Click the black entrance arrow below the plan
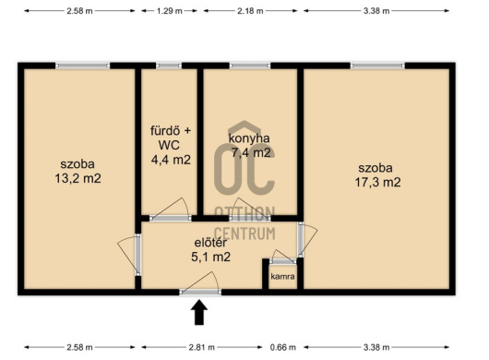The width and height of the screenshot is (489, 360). click(x=199, y=313)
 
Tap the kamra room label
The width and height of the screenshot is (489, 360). click(x=282, y=276)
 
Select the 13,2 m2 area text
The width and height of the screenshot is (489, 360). click(x=78, y=178)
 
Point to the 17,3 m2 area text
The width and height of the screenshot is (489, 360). click(x=377, y=182)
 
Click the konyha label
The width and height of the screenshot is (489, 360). click(x=249, y=138)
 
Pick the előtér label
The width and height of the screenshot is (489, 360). click(x=210, y=243)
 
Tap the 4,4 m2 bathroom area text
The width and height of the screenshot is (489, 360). click(x=171, y=160)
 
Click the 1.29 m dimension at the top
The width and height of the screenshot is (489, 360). click(x=170, y=11)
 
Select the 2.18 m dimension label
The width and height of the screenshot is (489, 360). click(x=250, y=11)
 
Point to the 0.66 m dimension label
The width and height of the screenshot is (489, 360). click(x=283, y=347)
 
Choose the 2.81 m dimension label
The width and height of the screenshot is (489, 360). click(x=202, y=347)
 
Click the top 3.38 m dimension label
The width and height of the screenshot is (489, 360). click(x=376, y=11)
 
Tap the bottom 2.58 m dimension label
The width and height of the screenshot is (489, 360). click(x=79, y=347)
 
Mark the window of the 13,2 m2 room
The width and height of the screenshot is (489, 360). click(x=83, y=66)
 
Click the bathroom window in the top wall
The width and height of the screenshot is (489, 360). click(x=169, y=66)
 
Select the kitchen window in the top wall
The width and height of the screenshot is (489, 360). click(x=250, y=66)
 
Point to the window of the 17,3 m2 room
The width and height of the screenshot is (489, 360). click(x=377, y=66)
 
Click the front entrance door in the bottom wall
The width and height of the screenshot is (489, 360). click(x=200, y=292)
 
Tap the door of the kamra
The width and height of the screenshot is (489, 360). click(x=283, y=260)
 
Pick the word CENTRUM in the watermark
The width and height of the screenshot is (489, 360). click(x=245, y=234)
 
